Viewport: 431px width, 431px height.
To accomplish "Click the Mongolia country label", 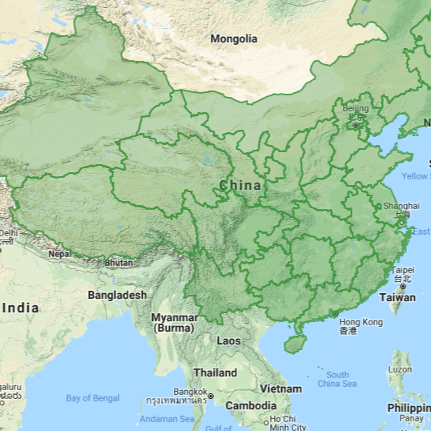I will (234, 38).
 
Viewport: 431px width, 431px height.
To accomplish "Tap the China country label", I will (240, 186).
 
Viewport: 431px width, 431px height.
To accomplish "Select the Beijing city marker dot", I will (355, 125).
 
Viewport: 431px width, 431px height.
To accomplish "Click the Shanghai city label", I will (401, 206).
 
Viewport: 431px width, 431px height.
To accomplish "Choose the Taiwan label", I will (397, 297).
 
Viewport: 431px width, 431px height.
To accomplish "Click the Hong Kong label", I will (361, 322).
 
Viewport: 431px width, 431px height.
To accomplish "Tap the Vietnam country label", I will (280, 389).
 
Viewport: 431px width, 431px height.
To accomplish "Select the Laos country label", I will (228, 340).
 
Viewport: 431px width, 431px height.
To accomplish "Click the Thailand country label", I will (215, 373).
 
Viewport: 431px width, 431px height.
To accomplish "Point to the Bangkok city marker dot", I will (210, 396).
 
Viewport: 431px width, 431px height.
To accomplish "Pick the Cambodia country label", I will (251, 405).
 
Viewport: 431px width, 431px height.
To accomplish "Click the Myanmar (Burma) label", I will (174, 323).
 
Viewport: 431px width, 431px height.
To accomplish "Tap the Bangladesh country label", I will (117, 295).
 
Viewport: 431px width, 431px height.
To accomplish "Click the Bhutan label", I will (119, 263).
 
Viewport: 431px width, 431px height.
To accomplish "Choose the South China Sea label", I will (337, 379).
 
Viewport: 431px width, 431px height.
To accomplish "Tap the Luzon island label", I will (401, 369).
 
